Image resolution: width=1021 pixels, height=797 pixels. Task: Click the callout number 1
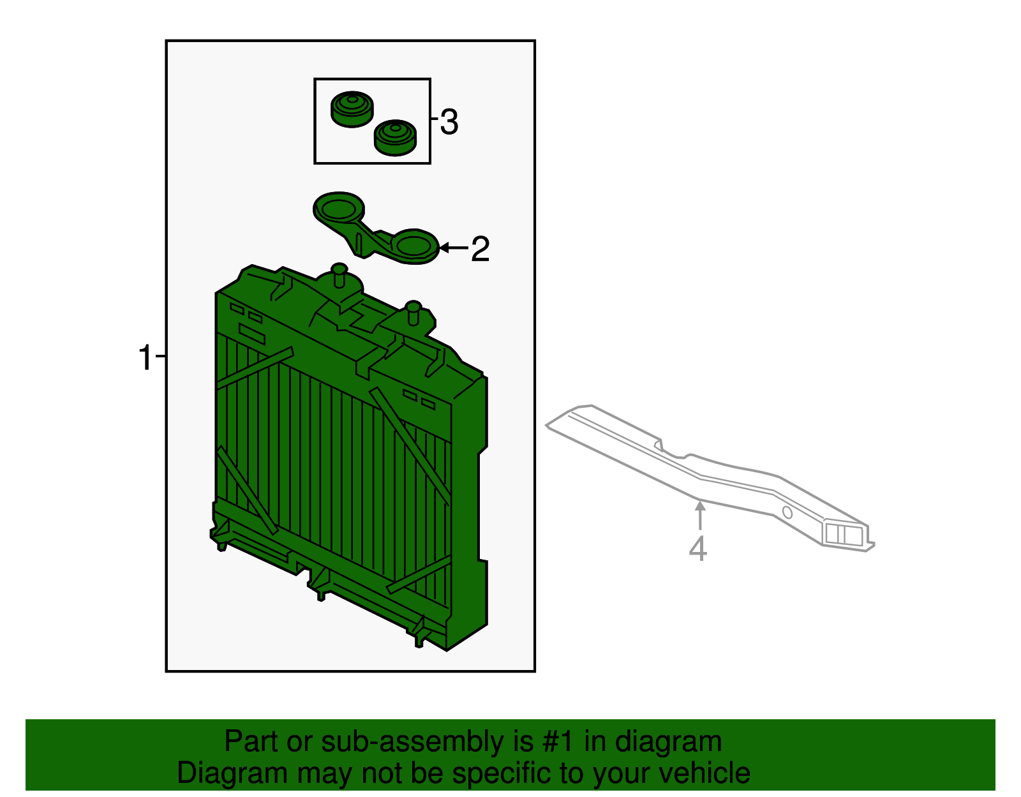pos(145,358)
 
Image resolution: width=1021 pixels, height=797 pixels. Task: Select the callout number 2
pos(480,249)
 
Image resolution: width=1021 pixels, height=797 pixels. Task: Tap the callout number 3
pos(449,122)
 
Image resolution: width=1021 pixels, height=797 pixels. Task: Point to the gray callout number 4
pos(697,549)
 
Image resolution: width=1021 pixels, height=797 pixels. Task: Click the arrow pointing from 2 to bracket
pos(454,248)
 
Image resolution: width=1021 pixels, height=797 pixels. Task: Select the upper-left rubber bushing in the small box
pos(352,108)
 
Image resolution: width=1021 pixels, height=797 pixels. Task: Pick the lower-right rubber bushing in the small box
pos(394,137)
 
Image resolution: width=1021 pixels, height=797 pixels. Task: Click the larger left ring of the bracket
pos(339,208)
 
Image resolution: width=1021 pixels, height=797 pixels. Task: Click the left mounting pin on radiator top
pos(339,276)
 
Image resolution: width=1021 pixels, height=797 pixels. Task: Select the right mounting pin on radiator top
pos(414,313)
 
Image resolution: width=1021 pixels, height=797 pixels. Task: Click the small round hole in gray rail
pos(787,512)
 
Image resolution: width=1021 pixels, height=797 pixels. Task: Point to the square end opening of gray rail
pos(843,534)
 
